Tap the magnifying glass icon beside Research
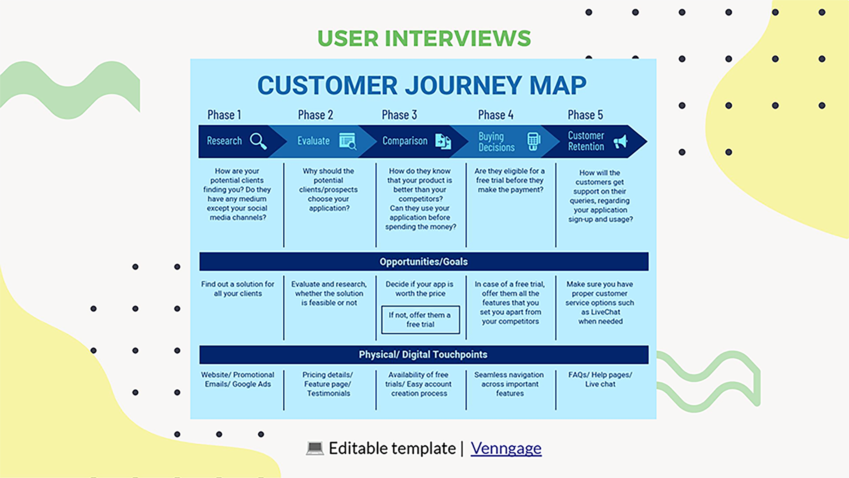[258, 141]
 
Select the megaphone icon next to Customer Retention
[620, 142]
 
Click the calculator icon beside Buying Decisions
[533, 141]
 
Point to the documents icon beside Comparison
[443, 142]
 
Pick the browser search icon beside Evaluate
[347, 141]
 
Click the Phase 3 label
[399, 115]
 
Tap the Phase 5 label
[585, 115]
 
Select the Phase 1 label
[224, 115]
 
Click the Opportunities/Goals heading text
[424, 262]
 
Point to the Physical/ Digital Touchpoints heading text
[423, 354]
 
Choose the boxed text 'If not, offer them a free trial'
[420, 320]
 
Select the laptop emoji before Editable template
[315, 448]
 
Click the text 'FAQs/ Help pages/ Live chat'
[600, 379]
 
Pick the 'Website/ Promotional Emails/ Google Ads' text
[238, 379]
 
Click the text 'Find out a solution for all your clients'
[238, 289]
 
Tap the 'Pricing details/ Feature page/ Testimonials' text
[328, 384]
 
